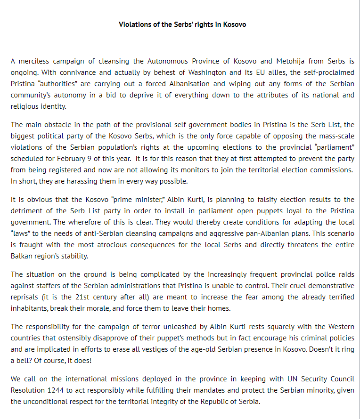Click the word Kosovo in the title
(233, 24)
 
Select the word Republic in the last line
(212, 402)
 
